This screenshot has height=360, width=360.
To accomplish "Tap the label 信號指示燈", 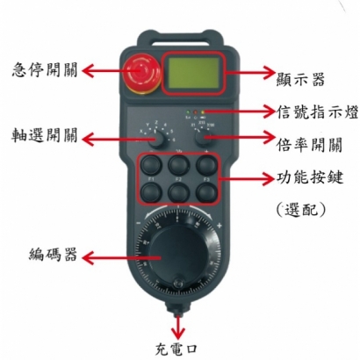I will pos(312,112).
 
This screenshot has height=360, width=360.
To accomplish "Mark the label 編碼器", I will pos(52,255).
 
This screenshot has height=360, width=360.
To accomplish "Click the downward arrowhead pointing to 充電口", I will pos(180,332).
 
